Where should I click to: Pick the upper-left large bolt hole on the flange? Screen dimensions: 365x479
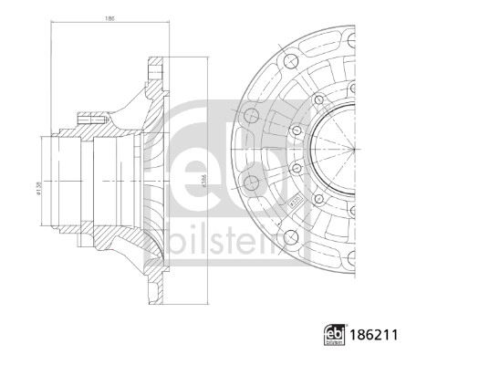(289, 61)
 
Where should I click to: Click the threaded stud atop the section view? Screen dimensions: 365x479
(92, 117)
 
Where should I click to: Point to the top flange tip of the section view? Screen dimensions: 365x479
(158, 58)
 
